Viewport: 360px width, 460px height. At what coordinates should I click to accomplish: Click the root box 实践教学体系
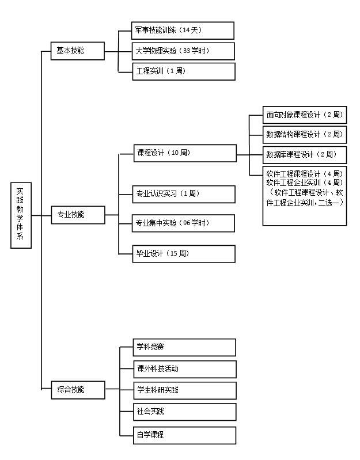click(x=20, y=215)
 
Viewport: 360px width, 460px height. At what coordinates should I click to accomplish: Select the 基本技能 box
click(x=77, y=51)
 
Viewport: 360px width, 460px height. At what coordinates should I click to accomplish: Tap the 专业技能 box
click(x=77, y=215)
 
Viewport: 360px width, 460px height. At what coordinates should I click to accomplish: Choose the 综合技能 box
click(x=77, y=389)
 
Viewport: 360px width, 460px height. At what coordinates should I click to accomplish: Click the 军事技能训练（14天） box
click(x=183, y=31)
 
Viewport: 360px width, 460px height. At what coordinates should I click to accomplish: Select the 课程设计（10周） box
click(x=185, y=153)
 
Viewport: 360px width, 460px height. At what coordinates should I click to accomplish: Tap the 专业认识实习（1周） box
click(x=184, y=194)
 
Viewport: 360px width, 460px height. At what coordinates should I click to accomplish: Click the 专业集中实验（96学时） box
click(x=184, y=223)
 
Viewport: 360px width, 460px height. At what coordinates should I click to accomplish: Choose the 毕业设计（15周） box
click(x=184, y=254)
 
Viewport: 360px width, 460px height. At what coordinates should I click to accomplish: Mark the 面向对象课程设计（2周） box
click(x=305, y=115)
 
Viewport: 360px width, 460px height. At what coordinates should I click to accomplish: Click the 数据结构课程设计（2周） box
click(x=305, y=135)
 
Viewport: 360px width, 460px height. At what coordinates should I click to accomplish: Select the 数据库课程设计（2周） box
click(x=305, y=155)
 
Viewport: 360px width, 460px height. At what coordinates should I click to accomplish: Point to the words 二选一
click(x=331, y=203)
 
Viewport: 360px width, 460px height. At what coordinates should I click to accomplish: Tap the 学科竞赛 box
click(x=185, y=347)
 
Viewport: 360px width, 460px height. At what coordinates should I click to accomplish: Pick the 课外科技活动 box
click(x=185, y=368)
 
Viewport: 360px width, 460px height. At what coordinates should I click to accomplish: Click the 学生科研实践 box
click(x=185, y=390)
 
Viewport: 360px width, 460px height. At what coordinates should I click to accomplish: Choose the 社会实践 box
click(x=185, y=412)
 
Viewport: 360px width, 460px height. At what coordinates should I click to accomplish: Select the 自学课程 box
click(x=185, y=435)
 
